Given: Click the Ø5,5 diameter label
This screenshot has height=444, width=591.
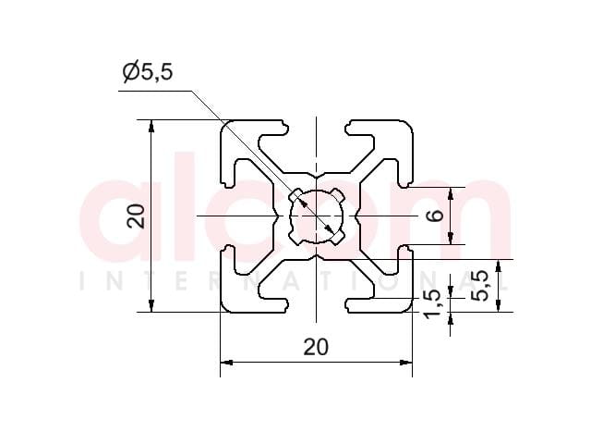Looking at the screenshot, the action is [x=148, y=71].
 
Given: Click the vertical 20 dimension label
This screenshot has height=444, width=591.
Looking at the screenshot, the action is [x=136, y=216].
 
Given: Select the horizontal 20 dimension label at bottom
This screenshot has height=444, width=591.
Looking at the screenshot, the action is [x=316, y=347].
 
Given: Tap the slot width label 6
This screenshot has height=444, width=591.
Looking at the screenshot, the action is [x=436, y=216].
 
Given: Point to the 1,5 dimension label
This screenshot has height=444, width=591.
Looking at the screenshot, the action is [x=432, y=303].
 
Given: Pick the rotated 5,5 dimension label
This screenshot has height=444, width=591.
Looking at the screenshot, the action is [x=480, y=286].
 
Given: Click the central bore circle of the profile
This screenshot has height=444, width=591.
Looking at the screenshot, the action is [x=316, y=216].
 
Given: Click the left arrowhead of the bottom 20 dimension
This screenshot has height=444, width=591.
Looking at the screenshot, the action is [x=225, y=363].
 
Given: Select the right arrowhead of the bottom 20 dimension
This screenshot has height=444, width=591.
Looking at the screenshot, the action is [x=406, y=363].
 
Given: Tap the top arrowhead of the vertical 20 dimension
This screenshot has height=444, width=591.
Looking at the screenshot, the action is [x=151, y=126].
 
